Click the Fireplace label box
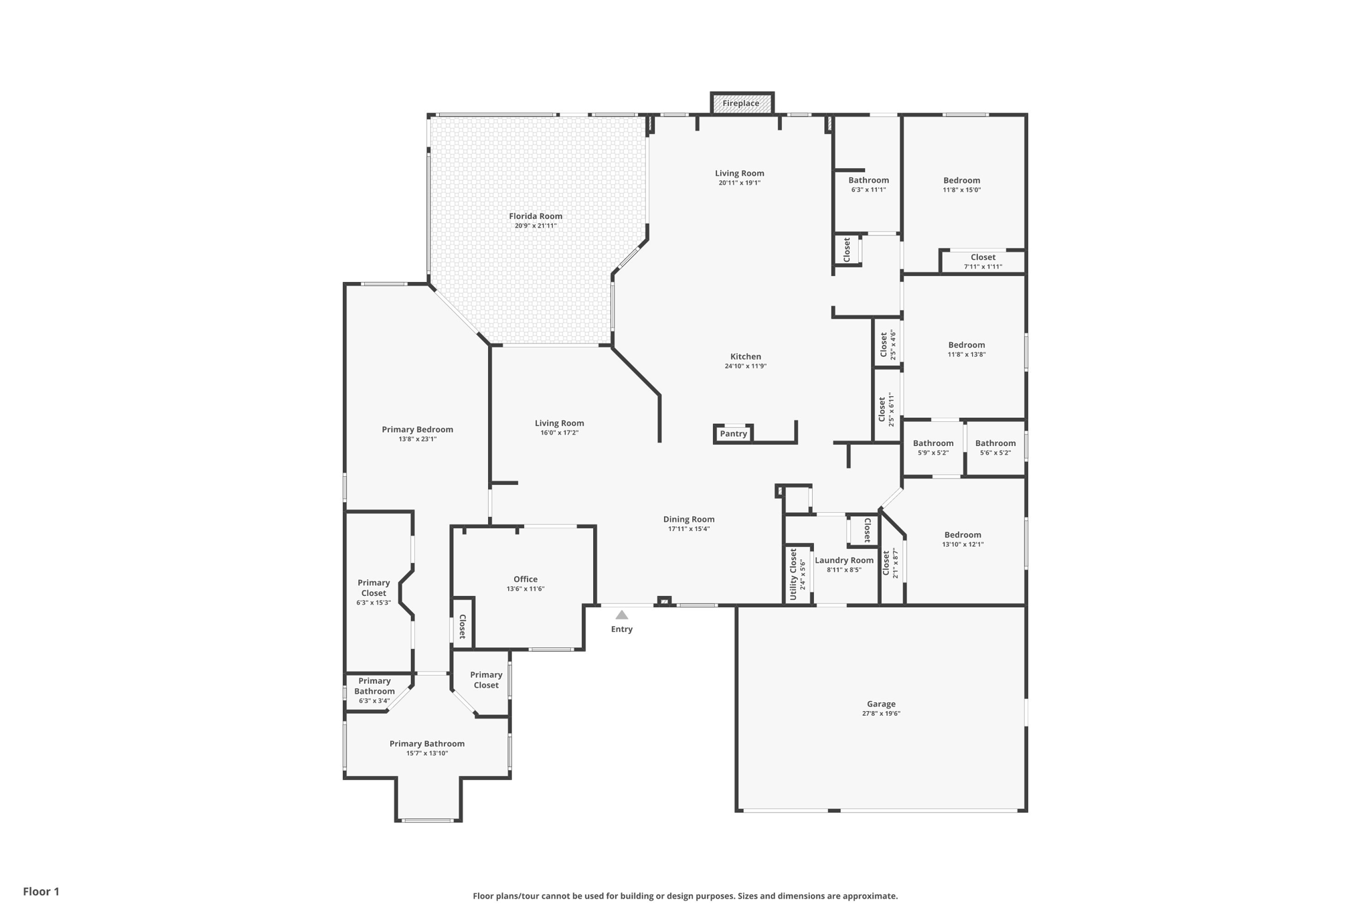[x=741, y=103]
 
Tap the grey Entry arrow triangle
[x=622, y=615]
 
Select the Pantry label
[x=733, y=434]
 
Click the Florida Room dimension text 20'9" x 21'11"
[x=536, y=226]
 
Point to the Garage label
[x=881, y=704]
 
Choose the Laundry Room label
[x=844, y=560]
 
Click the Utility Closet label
[x=793, y=574]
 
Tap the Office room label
[x=526, y=579]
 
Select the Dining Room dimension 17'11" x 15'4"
[x=689, y=529]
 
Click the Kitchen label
[x=746, y=357]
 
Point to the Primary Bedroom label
[x=418, y=430]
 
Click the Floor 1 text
[x=42, y=891]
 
